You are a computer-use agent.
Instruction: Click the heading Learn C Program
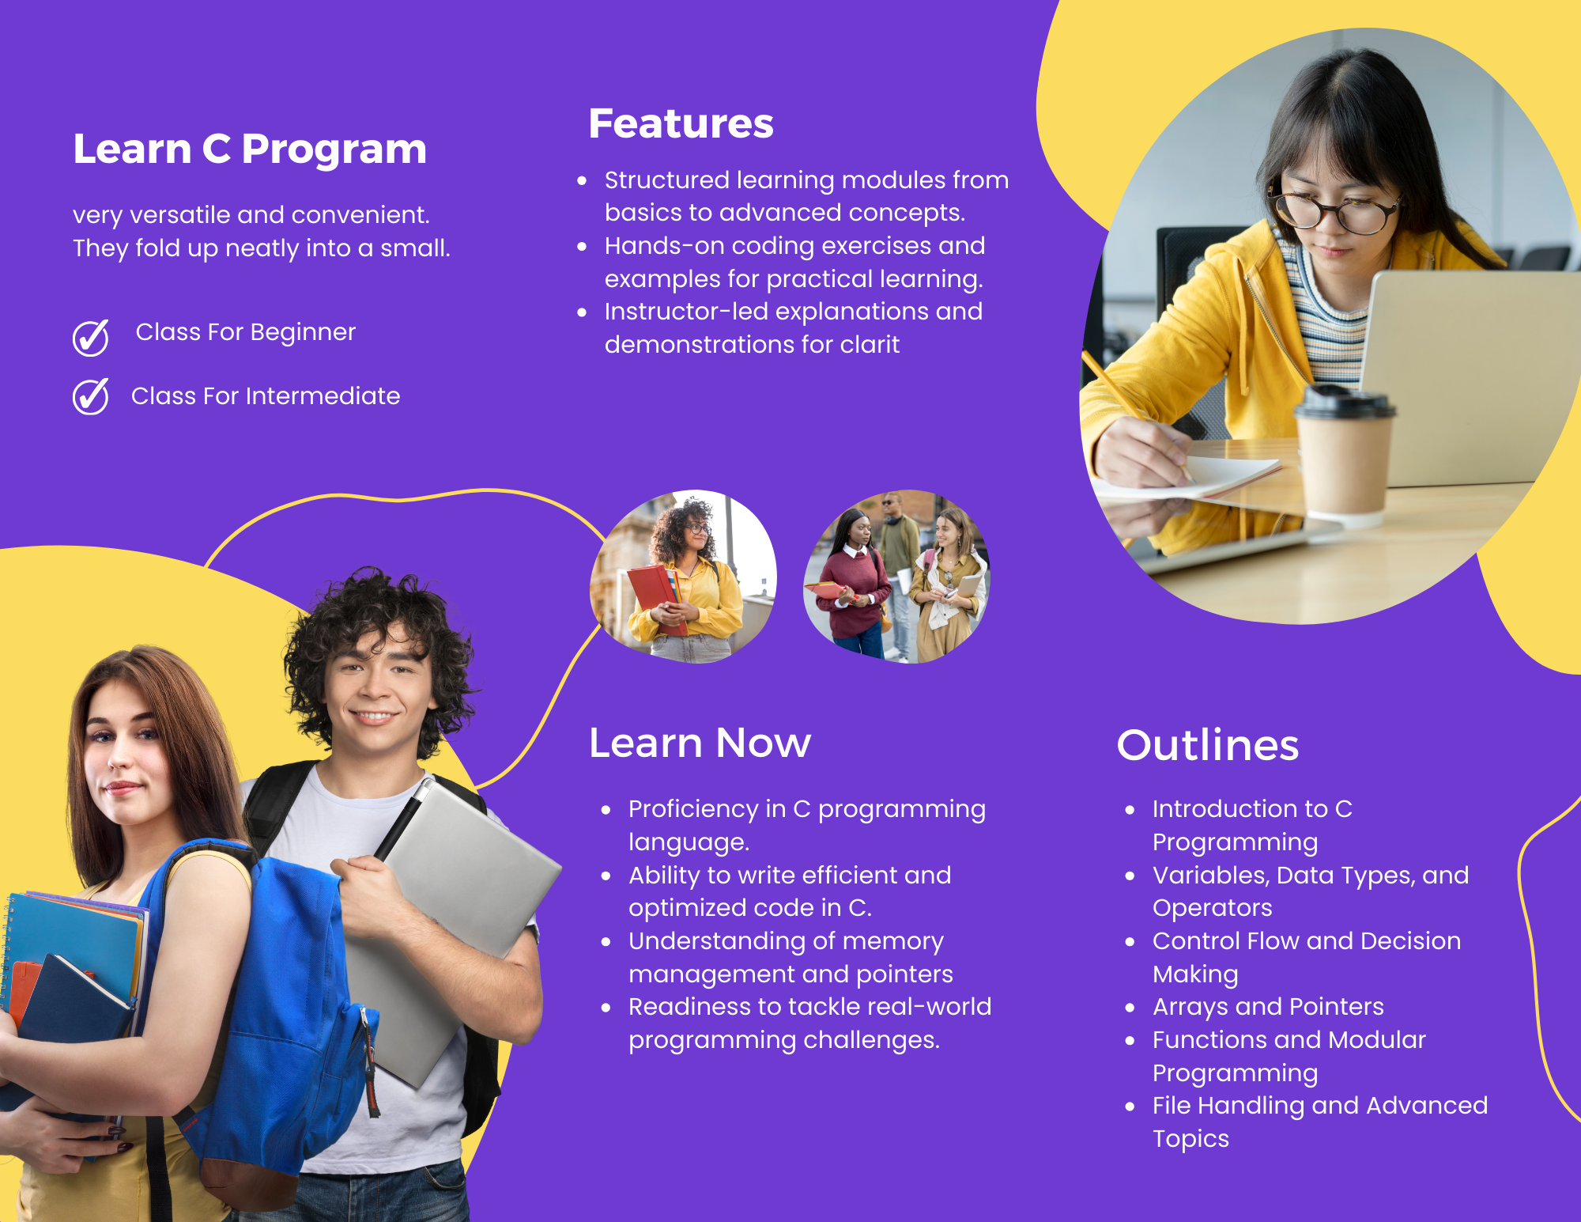click(x=250, y=149)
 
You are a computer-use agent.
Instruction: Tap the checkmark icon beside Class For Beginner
click(x=91, y=338)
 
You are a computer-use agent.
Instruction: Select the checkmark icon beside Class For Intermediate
click(x=91, y=396)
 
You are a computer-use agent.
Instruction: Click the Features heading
click(x=681, y=123)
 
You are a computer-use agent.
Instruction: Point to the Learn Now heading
click(x=700, y=743)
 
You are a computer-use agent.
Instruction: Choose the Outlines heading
click(x=1208, y=745)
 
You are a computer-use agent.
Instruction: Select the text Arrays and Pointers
click(x=1268, y=1007)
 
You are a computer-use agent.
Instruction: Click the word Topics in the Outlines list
click(x=1190, y=1139)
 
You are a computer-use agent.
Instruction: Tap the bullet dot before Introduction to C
click(x=1130, y=810)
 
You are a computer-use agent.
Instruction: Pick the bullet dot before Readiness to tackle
click(x=606, y=1008)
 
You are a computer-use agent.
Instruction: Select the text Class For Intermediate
click(x=266, y=396)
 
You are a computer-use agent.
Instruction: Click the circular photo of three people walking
click(x=896, y=577)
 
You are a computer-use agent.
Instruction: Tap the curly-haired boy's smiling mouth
click(x=373, y=717)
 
